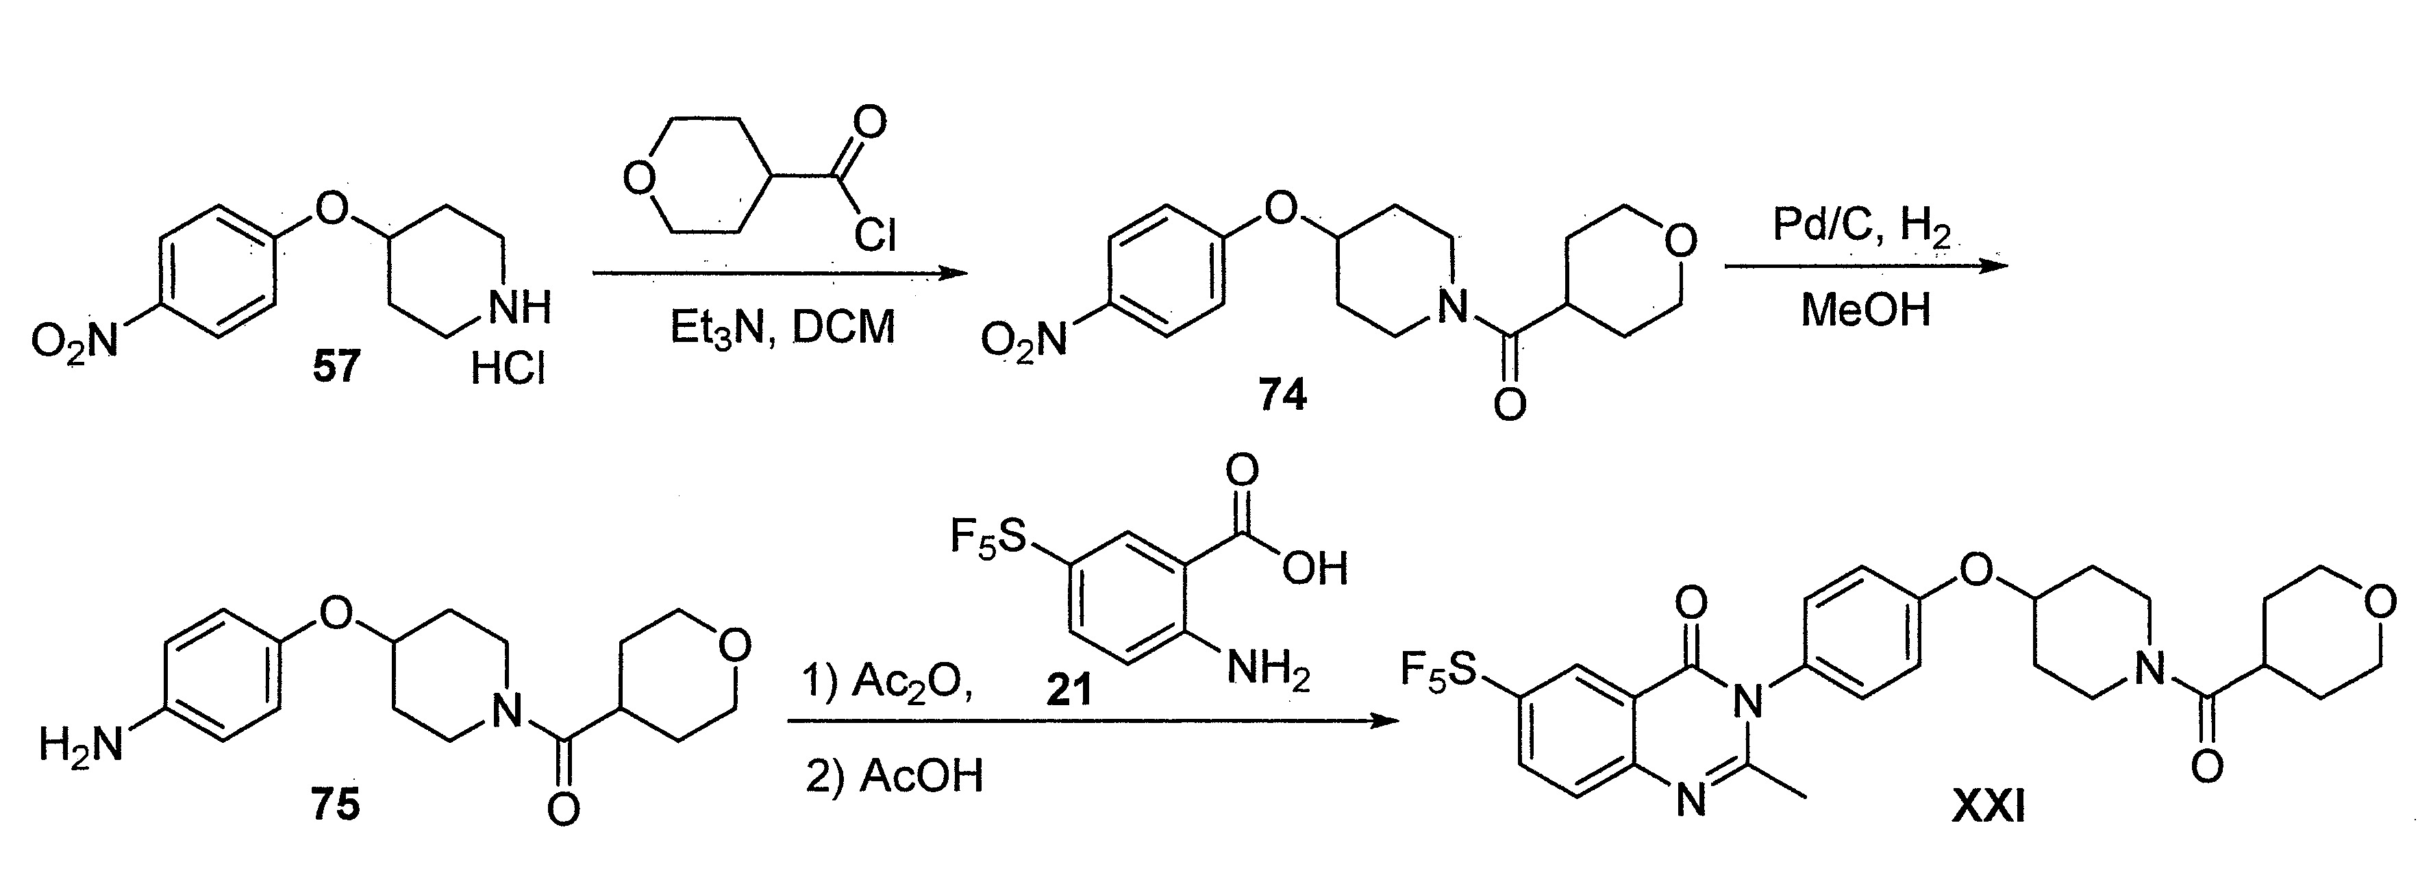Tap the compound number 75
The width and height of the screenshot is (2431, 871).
point(335,805)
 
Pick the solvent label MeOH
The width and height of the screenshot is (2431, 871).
point(1866,310)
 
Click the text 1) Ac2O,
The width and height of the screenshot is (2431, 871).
point(888,683)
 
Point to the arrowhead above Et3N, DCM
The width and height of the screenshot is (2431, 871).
point(955,273)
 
